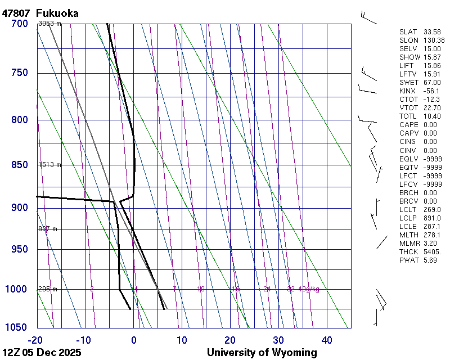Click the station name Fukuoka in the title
coord(57,13)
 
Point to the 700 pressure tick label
coord(19,24)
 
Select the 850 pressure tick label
coord(19,165)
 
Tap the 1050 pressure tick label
coord(16,328)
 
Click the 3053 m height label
coord(49,24)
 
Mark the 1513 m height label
coord(49,165)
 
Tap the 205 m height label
coord(48,289)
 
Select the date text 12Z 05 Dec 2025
coord(42,353)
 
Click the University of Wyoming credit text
coord(262,353)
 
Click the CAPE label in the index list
coord(408,125)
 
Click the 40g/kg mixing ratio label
coord(309,289)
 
